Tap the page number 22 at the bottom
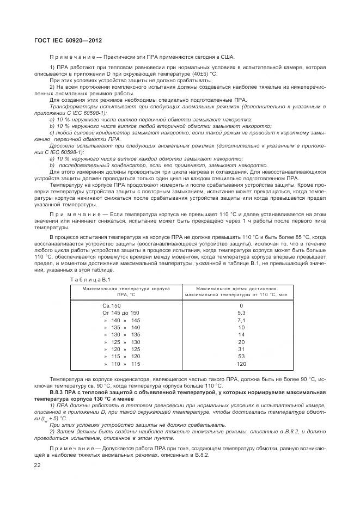[37, 465]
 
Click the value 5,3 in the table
[241, 313]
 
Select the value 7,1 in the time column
[241, 321]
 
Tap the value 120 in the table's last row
[241, 364]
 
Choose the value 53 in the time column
[241, 357]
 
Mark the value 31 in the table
[241, 349]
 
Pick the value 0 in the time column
[241, 306]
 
